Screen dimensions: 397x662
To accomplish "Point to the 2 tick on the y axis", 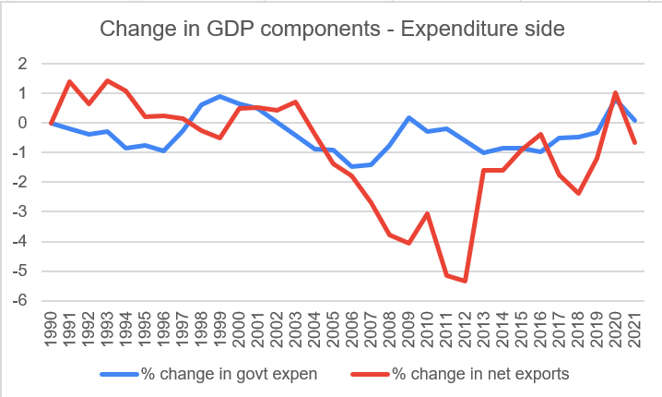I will pos(21,64).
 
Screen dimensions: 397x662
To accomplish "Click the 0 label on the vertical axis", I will pos(21,123).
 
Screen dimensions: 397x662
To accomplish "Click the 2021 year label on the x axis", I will pos(634,329).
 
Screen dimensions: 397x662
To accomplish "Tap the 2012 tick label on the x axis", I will pos(465,329).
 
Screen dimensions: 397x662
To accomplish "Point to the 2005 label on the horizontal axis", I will pos(333,329).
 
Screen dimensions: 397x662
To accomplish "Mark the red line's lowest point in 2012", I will pos(465,281).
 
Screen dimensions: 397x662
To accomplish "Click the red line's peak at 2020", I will pos(616,92).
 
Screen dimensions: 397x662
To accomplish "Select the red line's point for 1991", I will pos(69,81).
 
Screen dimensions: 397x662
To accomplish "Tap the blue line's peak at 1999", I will pos(219,96).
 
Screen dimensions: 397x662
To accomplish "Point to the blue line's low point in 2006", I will pos(351,167).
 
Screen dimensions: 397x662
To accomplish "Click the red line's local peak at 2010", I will pos(427,213).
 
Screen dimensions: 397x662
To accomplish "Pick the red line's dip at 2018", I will pos(578,193).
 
